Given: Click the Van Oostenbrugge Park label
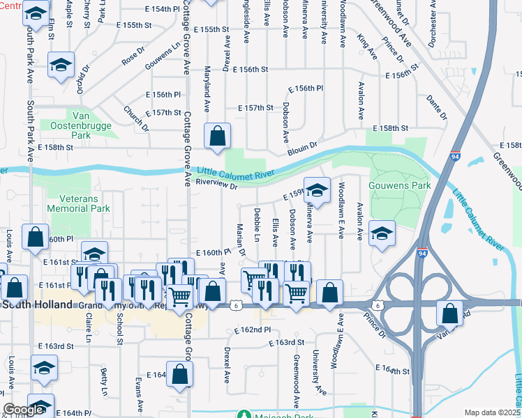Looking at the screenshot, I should (x=81, y=125).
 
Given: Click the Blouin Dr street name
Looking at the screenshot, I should (x=302, y=148).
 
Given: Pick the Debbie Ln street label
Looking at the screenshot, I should (x=257, y=220).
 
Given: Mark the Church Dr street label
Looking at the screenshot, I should (x=137, y=118).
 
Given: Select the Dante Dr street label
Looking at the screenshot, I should (x=436, y=107).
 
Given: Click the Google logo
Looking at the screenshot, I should (x=23, y=410).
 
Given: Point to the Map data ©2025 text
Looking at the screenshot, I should (x=492, y=412).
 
